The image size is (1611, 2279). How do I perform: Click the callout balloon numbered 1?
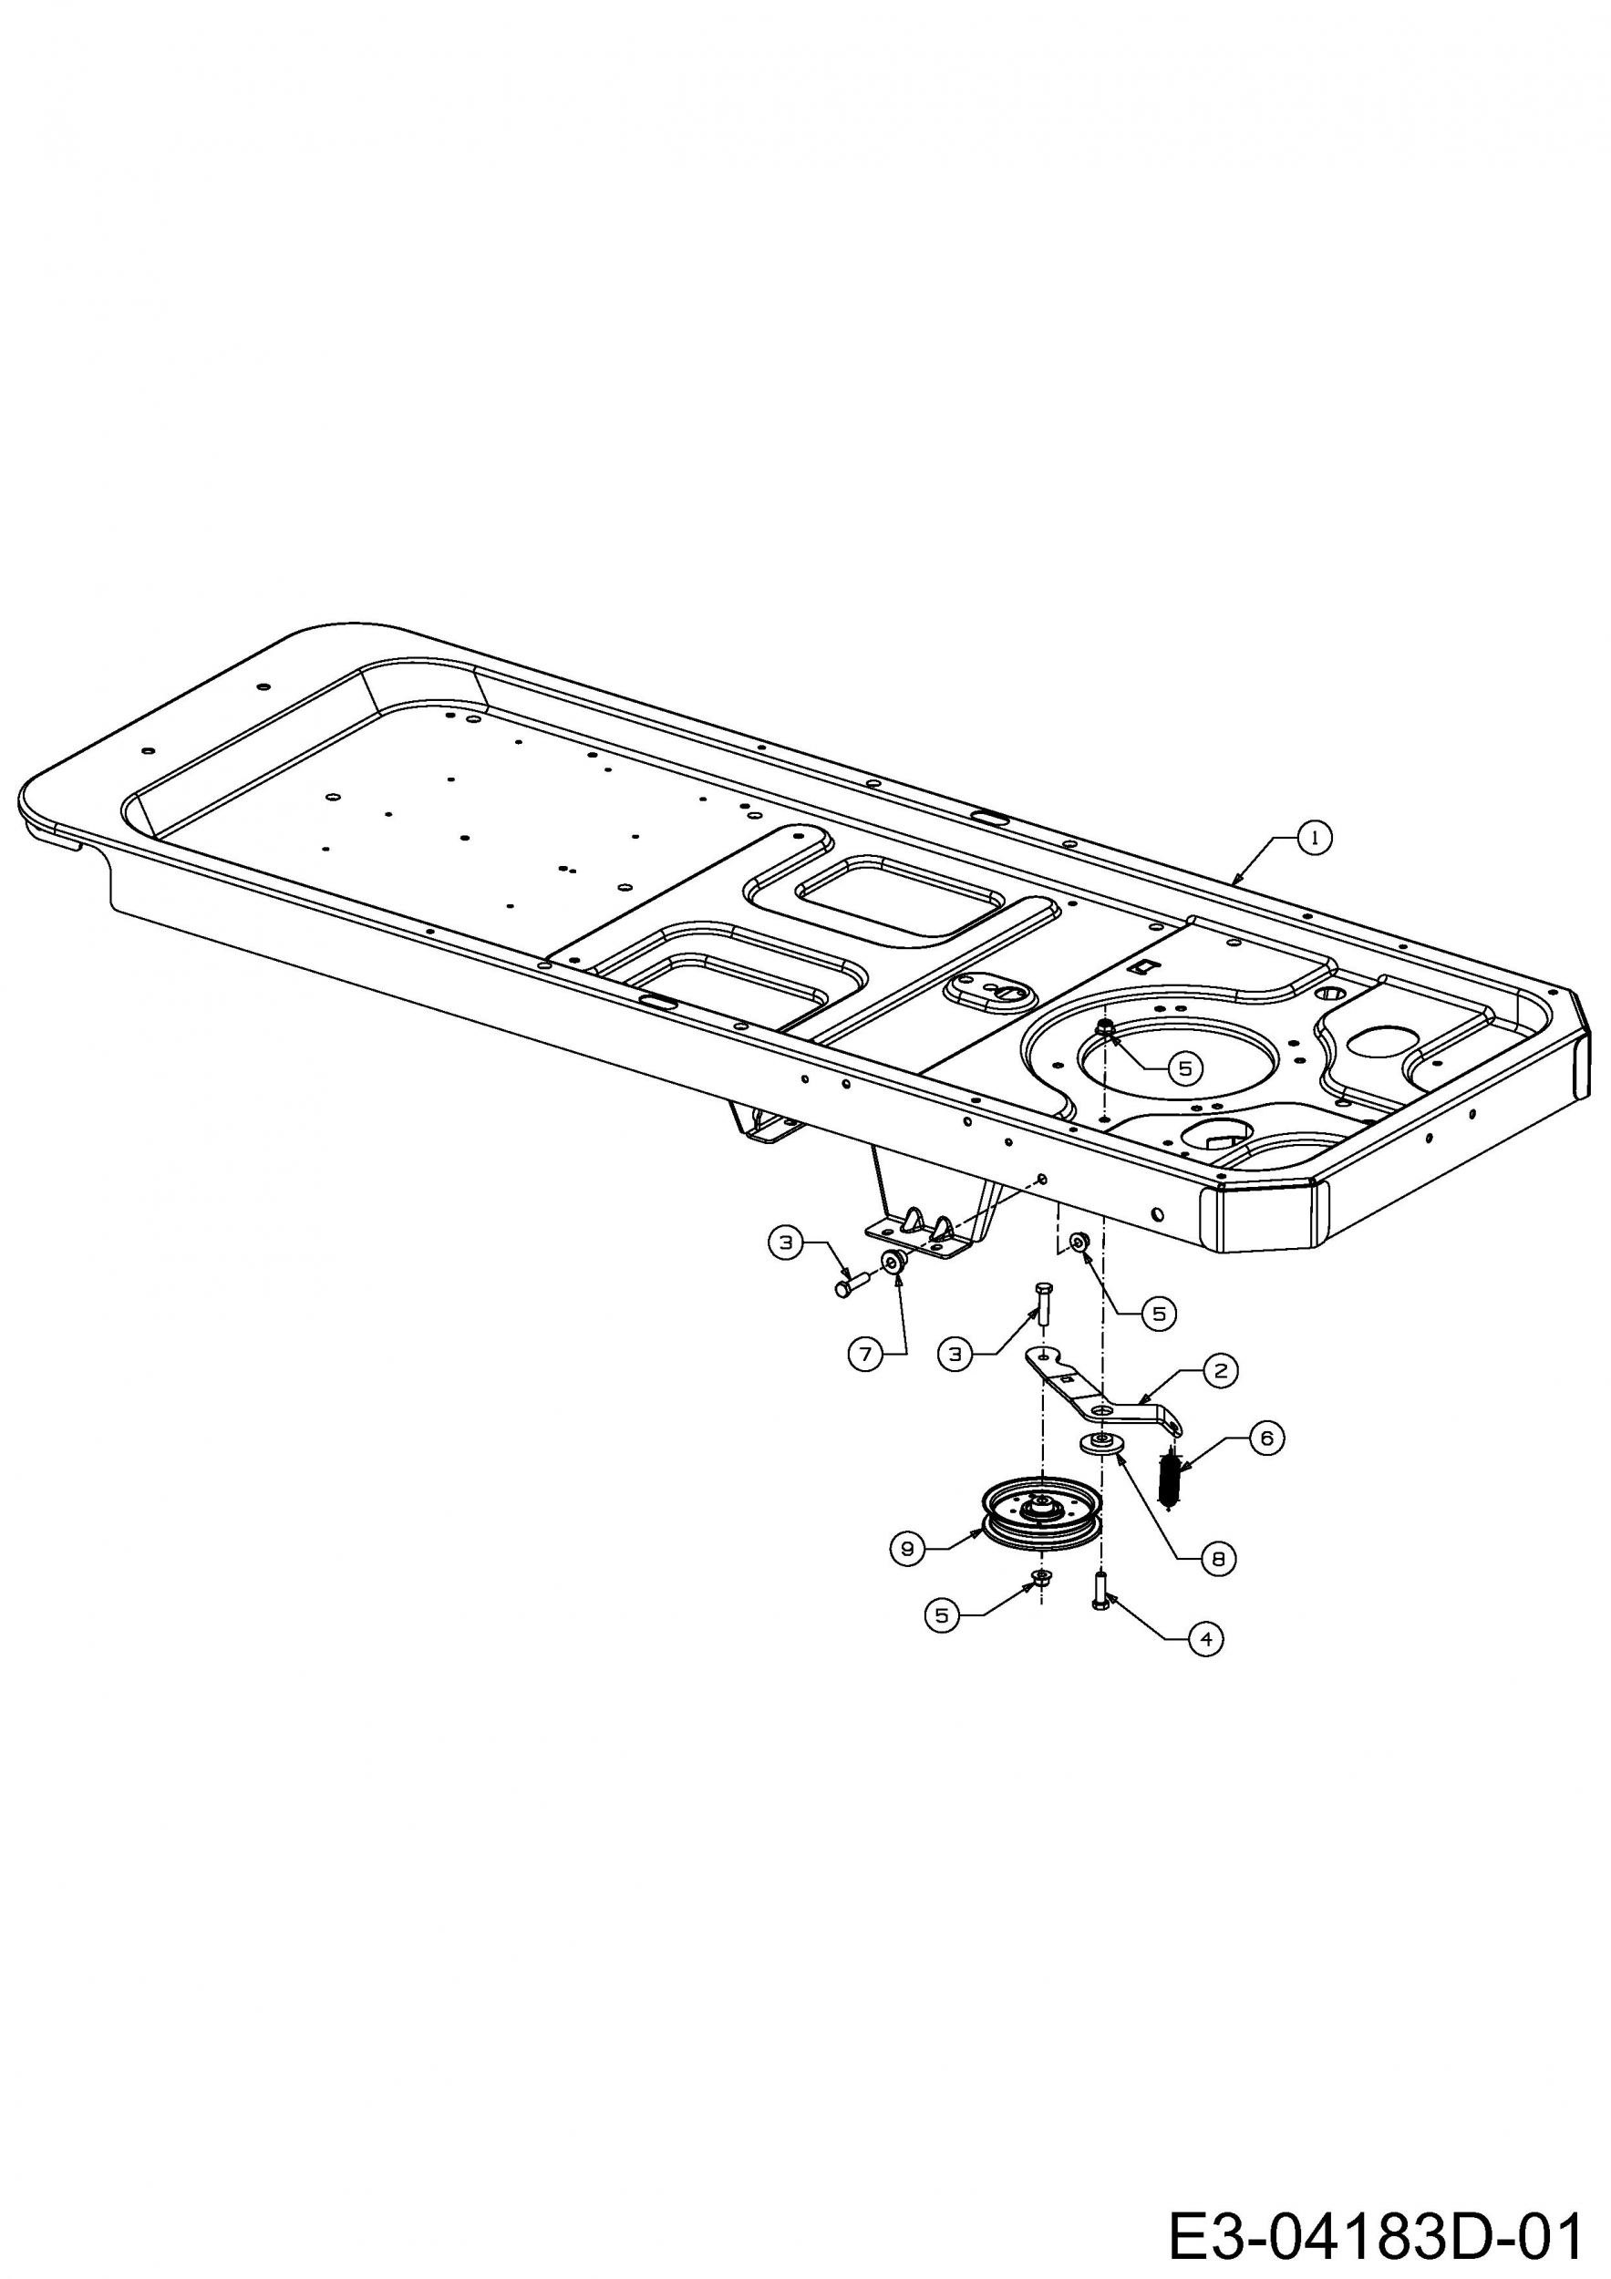click(x=1316, y=838)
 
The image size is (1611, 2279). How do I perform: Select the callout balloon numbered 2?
click(x=1220, y=1370)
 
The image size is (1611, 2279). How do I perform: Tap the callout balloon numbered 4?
click(x=1206, y=1639)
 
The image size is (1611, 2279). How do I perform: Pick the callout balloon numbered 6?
click(x=1265, y=1438)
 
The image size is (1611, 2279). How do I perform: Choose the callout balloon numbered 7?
click(x=865, y=1354)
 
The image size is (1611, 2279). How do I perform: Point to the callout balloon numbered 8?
click(x=1218, y=1558)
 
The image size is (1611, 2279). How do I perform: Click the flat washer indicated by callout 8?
click(x=1100, y=1443)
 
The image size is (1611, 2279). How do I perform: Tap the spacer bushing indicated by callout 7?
click(x=893, y=1262)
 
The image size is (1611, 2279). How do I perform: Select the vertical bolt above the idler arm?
click(x=1041, y=1301)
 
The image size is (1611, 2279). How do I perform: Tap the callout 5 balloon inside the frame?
click(x=1184, y=1069)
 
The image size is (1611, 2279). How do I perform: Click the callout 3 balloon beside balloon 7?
click(x=786, y=1242)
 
